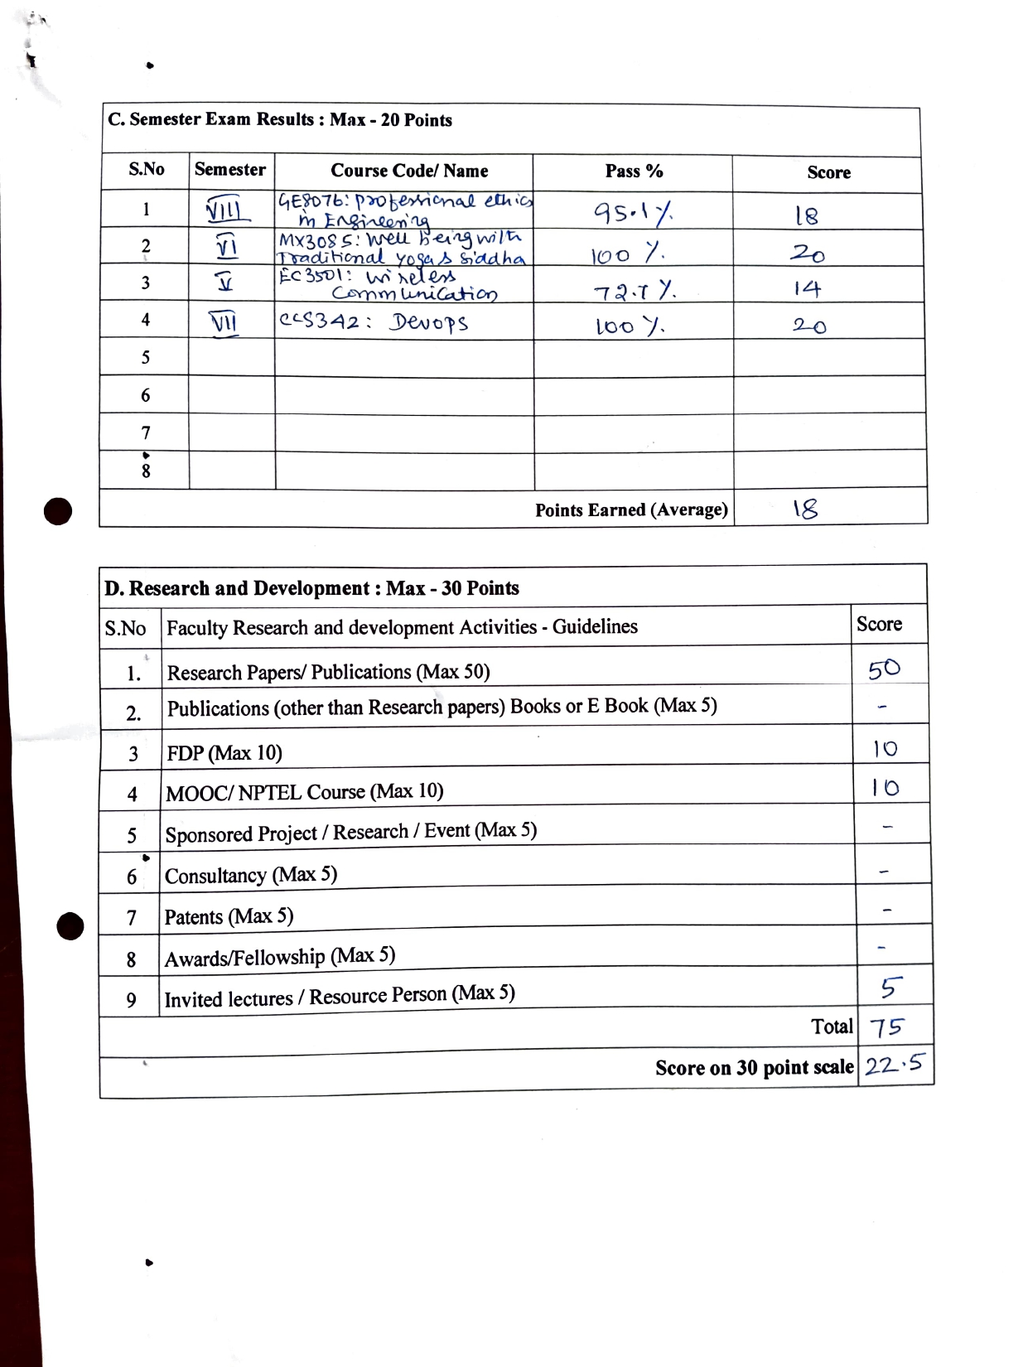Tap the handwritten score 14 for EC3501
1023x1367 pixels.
tap(806, 288)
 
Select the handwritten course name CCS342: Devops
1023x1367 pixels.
tap(374, 321)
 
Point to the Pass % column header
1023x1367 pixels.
tap(634, 171)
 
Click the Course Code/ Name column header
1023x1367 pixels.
tap(409, 171)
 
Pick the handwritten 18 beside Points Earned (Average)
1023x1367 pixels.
tap(805, 509)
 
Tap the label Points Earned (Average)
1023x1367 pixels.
tap(631, 510)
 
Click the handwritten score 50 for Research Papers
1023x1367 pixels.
tap(884, 669)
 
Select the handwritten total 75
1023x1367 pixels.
tap(886, 1027)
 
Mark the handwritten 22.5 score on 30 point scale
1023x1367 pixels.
tap(893, 1065)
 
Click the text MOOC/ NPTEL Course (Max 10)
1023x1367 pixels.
tap(304, 792)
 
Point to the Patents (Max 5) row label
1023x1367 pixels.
tap(229, 916)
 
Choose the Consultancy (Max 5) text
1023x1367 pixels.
tap(250, 875)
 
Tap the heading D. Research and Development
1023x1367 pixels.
tap(311, 588)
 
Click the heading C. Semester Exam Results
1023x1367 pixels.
tap(280, 119)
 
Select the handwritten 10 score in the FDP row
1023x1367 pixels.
tap(885, 749)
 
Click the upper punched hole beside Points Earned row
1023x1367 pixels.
tap(58, 511)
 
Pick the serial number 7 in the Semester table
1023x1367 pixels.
tap(146, 432)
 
